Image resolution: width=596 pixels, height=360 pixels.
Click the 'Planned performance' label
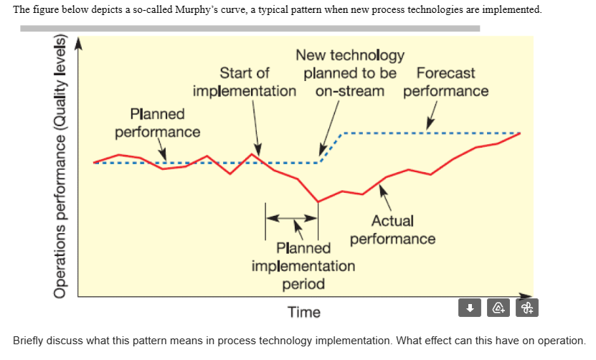[x=157, y=123]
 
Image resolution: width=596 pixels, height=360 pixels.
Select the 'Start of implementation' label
[x=244, y=82]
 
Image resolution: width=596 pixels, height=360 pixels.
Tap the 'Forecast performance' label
[x=445, y=82]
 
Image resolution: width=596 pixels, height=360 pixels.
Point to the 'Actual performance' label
[x=392, y=230]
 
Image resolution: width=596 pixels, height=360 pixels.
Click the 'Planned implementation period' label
[x=303, y=266]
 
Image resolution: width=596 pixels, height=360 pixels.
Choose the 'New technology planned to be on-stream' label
[x=350, y=73]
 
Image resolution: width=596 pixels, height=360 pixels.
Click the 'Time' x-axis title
[x=304, y=313]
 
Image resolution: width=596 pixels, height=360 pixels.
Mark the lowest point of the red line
[x=318, y=202]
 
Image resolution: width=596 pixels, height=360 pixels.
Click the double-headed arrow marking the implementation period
[x=292, y=217]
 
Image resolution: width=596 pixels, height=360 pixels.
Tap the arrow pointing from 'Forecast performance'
[x=432, y=116]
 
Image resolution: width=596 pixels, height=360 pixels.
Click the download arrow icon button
[x=470, y=308]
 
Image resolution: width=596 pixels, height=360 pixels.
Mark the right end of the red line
[x=520, y=134]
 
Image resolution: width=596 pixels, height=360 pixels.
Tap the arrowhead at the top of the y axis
[x=78, y=43]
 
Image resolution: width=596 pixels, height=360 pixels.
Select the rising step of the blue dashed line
[x=331, y=147]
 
